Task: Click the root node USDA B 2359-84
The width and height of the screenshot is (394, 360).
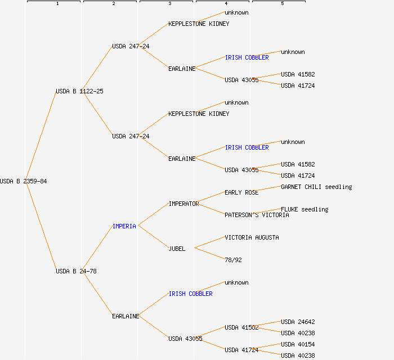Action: pos(23,181)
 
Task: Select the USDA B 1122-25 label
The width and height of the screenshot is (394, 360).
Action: pos(79,91)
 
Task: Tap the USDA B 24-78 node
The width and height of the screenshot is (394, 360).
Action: pos(76,271)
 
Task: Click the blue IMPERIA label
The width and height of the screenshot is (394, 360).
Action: pos(124,226)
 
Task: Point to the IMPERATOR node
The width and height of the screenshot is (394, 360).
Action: pos(183,204)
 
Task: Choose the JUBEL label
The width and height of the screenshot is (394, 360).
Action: pos(177,249)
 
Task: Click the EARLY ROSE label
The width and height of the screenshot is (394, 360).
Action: pos(241,192)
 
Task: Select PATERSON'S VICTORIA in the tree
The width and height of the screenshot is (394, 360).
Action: pos(257,215)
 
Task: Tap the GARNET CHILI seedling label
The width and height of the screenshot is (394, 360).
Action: pos(316,187)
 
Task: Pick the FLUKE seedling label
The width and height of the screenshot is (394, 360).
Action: pos(305,209)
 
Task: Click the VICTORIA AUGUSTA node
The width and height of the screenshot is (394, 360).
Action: pos(252,237)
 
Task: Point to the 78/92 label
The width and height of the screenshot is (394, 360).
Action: pos(233,260)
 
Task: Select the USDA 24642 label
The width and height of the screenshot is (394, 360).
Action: pos(298,322)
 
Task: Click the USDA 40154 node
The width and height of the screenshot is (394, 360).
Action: pos(298,344)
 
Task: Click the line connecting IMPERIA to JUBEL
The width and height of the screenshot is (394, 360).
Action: pos(153,237)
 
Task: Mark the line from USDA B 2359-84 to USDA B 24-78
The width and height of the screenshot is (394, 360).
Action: pos(39,226)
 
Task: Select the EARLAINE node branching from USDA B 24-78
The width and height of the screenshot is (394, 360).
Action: pos(126,316)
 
